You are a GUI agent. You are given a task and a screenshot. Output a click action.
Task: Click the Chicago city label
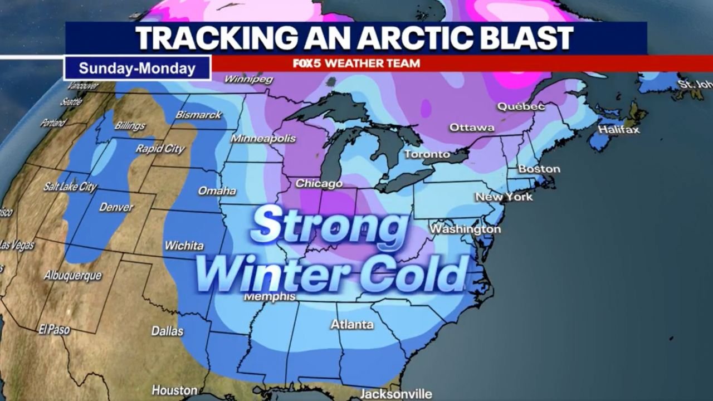(x=319, y=183)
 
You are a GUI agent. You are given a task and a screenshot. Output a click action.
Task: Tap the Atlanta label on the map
(x=351, y=324)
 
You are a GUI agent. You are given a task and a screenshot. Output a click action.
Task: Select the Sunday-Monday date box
(x=137, y=68)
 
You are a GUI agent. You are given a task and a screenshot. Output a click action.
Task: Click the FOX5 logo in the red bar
(x=308, y=63)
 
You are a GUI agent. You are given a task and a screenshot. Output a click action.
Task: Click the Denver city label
(x=116, y=207)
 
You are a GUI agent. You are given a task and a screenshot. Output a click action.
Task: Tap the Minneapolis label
(x=263, y=138)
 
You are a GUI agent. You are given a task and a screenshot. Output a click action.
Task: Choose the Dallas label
(x=167, y=331)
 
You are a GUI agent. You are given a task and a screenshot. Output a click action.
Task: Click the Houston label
(x=174, y=390)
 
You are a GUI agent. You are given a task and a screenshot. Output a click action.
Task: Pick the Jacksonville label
(x=395, y=393)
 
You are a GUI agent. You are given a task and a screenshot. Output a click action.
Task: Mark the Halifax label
(x=618, y=130)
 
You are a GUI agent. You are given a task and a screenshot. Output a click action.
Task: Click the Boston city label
(x=539, y=168)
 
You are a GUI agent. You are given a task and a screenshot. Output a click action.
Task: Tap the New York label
(x=504, y=197)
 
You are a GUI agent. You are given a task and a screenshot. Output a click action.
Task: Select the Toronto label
(x=427, y=154)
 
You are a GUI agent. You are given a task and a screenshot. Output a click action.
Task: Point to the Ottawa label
(x=472, y=128)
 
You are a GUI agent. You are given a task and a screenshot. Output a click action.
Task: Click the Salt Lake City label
(x=70, y=187)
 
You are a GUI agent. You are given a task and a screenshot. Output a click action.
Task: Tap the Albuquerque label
(x=73, y=275)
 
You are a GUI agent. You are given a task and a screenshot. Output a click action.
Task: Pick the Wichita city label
(x=184, y=245)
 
